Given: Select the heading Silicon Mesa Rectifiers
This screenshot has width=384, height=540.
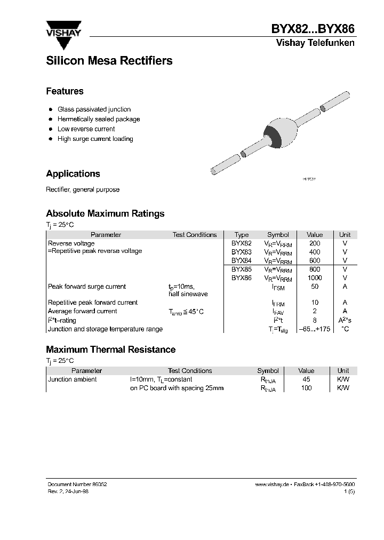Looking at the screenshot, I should click(109, 61).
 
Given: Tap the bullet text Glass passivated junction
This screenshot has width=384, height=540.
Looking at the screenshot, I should click(94, 109).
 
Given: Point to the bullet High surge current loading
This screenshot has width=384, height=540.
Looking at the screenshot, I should click(95, 139).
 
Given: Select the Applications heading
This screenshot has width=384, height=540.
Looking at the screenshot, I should click(73, 174).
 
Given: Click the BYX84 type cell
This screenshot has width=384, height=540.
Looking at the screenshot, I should click(241, 260).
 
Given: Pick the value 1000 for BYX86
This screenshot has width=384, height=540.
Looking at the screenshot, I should click(315, 278).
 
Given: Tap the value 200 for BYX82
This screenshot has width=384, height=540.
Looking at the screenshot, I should click(315, 243).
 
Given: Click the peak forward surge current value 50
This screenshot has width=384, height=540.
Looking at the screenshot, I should click(315, 287).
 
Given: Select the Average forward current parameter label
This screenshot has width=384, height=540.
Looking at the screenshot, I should click(82, 311).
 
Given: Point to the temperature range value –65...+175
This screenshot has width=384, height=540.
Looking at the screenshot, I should click(315, 329).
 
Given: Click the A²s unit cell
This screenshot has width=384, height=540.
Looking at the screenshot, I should click(345, 320).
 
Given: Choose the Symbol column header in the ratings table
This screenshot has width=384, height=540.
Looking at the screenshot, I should click(278, 235).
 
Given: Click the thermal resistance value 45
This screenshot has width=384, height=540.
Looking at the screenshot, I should click(306, 379).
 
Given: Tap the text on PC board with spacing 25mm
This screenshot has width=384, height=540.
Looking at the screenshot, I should click(177, 388).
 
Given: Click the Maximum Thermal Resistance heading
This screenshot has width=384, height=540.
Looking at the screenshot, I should click(110, 350).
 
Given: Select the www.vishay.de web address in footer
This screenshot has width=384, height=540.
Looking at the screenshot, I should click(271, 484).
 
